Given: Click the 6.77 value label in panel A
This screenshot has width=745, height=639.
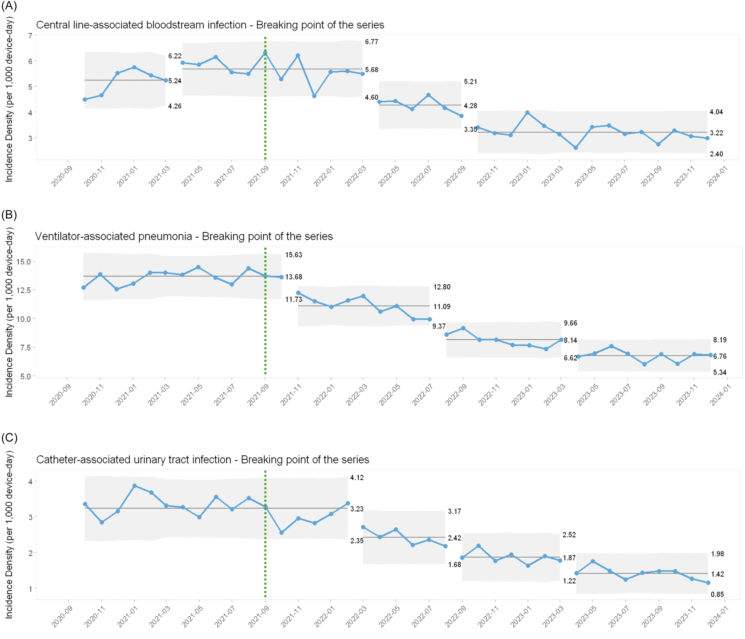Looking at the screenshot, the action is pyautogui.click(x=371, y=42).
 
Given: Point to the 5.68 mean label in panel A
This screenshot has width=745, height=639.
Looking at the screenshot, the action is pyautogui.click(x=371, y=70).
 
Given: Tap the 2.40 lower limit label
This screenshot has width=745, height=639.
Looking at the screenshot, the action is pyautogui.click(x=716, y=154).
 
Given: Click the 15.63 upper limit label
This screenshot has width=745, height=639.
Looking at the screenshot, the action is pyautogui.click(x=293, y=255).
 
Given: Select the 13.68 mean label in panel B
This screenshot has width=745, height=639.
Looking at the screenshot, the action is pyautogui.click(x=293, y=277).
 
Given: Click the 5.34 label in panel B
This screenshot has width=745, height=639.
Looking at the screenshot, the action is pyautogui.click(x=720, y=372).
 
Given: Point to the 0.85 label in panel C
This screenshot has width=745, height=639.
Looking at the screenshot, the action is pyautogui.click(x=717, y=594).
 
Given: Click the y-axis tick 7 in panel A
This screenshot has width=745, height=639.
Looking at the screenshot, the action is pyautogui.click(x=30, y=36).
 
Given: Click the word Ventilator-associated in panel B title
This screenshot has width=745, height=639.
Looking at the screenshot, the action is pyautogui.click(x=114, y=236).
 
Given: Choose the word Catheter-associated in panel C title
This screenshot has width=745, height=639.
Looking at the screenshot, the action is pyautogui.click(x=134, y=460).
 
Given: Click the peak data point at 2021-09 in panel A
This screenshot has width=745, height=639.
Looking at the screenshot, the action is pyautogui.click(x=265, y=53).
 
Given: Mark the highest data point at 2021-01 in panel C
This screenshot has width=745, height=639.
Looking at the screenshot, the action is pyautogui.click(x=135, y=486).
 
